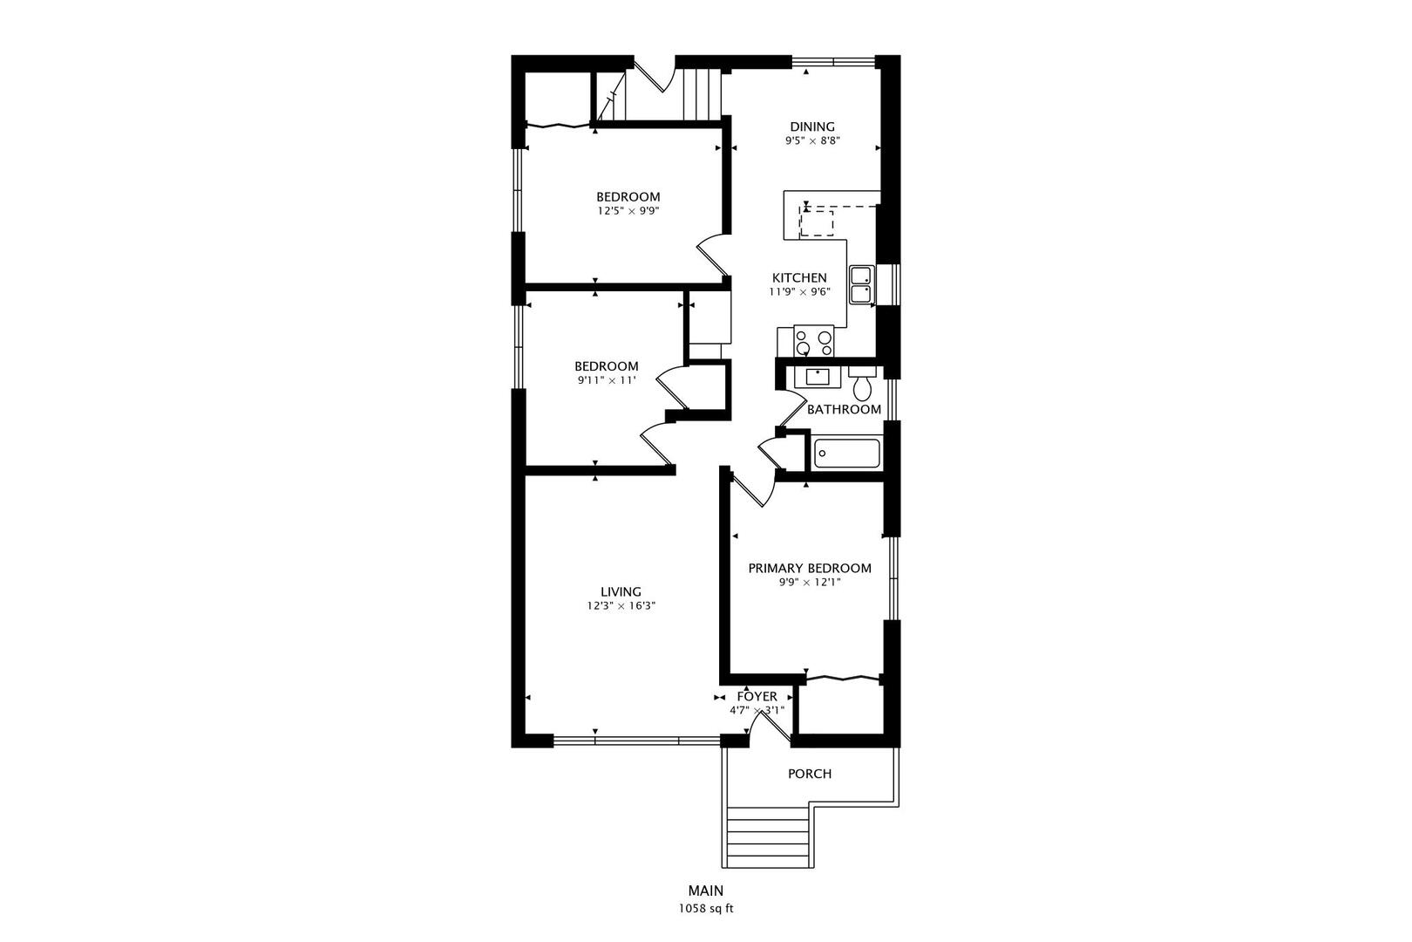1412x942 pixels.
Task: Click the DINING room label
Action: pyautogui.click(x=812, y=126)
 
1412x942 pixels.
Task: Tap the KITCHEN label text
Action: pyautogui.click(x=799, y=277)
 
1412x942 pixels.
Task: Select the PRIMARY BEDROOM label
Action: pyautogui.click(x=810, y=568)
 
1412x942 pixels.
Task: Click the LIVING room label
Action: pyautogui.click(x=621, y=592)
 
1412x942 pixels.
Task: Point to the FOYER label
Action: pyautogui.click(x=757, y=697)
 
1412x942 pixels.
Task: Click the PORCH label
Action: pyautogui.click(x=810, y=774)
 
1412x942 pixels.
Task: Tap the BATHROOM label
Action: pyautogui.click(x=844, y=409)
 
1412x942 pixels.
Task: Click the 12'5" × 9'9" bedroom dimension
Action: pyautogui.click(x=628, y=211)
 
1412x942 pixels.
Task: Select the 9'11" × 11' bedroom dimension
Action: pyautogui.click(x=606, y=380)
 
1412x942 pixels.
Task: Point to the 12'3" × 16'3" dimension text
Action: pyautogui.click(x=621, y=606)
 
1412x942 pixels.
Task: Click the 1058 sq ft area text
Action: pyautogui.click(x=706, y=909)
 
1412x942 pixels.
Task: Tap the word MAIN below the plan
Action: pyautogui.click(x=706, y=891)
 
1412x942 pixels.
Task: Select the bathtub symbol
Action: pyautogui.click(x=846, y=454)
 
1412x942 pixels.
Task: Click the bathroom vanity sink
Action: pyautogui.click(x=818, y=377)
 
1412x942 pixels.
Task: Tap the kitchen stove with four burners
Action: pyautogui.click(x=814, y=341)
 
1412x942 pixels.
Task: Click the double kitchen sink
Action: pyautogui.click(x=861, y=284)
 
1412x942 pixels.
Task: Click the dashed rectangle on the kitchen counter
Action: pyautogui.click(x=817, y=224)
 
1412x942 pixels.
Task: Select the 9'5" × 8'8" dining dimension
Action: pyautogui.click(x=812, y=141)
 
